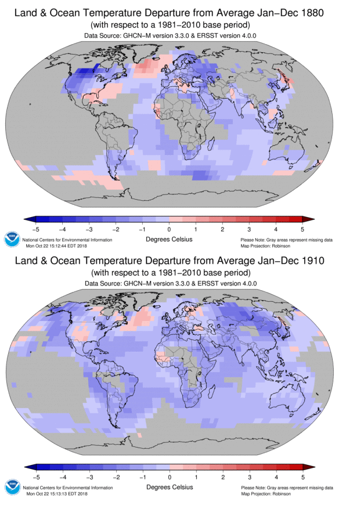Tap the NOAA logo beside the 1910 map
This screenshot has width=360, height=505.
point(12,488)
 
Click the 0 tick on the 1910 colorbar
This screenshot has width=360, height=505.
point(170,477)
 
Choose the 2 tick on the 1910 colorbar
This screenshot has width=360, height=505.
point(222,477)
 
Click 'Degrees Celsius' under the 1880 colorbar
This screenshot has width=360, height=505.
point(169,239)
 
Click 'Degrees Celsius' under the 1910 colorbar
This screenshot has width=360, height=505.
point(169,487)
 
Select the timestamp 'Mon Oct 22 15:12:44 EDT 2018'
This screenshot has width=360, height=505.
point(62,245)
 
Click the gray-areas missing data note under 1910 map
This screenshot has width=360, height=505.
point(286,488)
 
